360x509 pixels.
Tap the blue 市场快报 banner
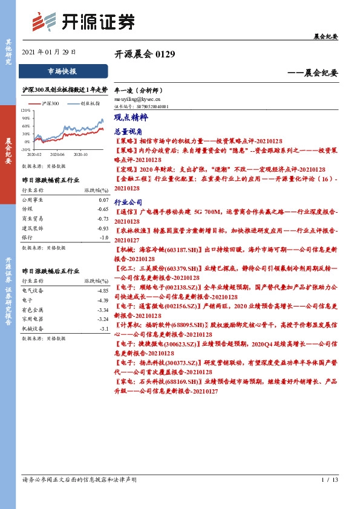pos(63,71)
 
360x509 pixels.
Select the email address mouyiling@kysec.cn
pos(137,97)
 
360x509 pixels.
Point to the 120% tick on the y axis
pos(25,111)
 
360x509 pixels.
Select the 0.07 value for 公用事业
pos(103,199)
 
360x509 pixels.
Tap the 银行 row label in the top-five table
pos(27,238)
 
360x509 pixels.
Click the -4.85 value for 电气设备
pos(102,291)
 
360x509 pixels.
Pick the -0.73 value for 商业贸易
pos(102,219)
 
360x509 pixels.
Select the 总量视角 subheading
pos(128,131)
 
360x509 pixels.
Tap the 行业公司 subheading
pos(128,203)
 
